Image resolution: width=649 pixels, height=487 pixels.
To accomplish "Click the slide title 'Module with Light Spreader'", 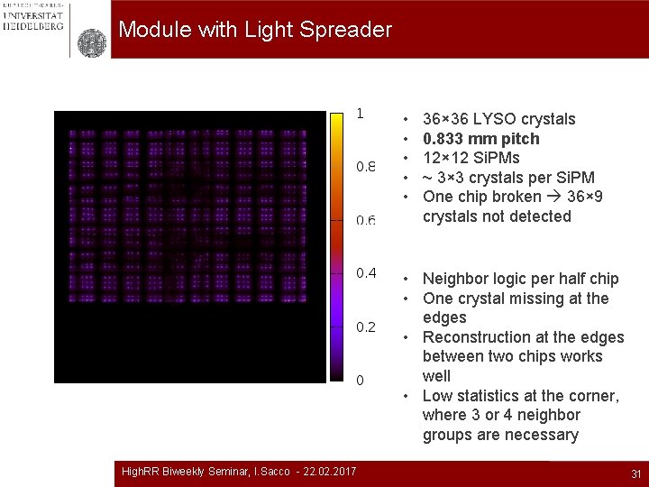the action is tap(255, 30).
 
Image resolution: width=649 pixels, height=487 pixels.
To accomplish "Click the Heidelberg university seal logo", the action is tap(91, 42).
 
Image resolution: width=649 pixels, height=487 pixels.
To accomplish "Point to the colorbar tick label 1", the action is tap(360, 114).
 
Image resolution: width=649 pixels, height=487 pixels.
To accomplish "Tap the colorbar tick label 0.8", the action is tap(366, 167).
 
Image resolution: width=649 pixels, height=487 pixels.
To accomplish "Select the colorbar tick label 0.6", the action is tap(366, 220).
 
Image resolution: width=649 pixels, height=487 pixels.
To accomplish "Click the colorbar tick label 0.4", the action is tap(366, 273).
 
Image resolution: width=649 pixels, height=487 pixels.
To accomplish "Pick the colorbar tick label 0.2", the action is tap(366, 326).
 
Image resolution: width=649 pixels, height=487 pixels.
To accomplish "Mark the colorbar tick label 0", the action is tap(360, 380).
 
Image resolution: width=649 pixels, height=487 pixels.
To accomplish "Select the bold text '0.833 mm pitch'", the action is tap(480, 139).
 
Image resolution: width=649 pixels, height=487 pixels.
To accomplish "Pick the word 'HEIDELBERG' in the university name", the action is tap(32, 26).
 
